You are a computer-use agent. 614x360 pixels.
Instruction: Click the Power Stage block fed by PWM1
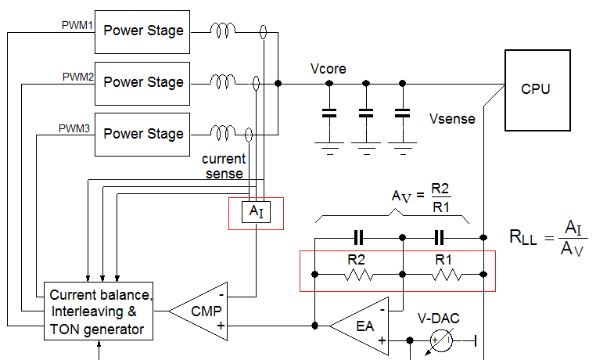(x=143, y=31)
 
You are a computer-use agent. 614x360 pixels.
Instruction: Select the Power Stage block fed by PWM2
(x=143, y=82)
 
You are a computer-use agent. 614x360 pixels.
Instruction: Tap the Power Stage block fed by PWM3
(x=143, y=134)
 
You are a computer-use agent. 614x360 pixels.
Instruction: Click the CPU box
(x=535, y=89)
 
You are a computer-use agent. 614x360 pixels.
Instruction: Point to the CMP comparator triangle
(x=202, y=311)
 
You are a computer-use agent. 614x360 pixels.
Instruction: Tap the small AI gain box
(x=255, y=212)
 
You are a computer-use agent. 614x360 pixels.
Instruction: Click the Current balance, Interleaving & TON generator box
(x=98, y=311)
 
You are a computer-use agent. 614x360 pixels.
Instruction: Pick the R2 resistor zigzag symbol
(x=358, y=275)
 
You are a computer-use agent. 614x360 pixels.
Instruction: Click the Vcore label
(x=329, y=69)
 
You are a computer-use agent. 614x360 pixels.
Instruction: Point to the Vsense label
(x=451, y=120)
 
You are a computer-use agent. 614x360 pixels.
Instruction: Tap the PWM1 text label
(x=77, y=26)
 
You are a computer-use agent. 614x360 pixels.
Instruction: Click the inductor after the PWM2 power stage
(x=222, y=82)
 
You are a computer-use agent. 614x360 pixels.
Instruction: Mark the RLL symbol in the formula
(x=523, y=239)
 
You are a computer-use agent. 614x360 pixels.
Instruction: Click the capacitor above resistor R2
(x=358, y=237)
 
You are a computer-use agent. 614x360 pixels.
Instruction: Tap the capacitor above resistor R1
(x=440, y=237)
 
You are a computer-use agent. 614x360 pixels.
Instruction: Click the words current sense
(x=224, y=166)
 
